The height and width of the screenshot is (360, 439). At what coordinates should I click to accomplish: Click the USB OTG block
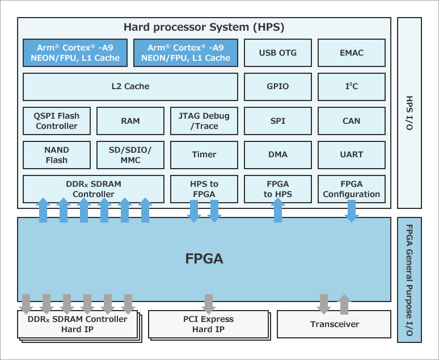(x=278, y=53)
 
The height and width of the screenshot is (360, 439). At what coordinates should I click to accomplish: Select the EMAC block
(x=352, y=53)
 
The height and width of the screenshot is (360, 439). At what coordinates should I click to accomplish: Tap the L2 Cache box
(x=130, y=87)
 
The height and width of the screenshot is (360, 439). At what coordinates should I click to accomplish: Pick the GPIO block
(x=278, y=87)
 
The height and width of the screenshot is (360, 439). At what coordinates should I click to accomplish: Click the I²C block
(x=352, y=87)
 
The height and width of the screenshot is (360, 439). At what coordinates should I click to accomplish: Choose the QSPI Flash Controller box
(x=57, y=121)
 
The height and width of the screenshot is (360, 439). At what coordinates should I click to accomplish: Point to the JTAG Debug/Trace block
(x=204, y=121)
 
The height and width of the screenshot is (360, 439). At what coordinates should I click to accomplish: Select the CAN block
(x=352, y=121)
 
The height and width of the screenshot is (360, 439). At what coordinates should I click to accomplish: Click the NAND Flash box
(x=57, y=155)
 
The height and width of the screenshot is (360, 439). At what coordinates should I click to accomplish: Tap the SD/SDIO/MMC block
(x=130, y=155)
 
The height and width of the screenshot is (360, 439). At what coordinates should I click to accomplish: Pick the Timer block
(x=204, y=155)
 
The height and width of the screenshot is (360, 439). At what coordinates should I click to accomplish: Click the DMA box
(x=278, y=155)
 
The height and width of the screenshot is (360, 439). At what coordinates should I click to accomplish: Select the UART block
(x=352, y=155)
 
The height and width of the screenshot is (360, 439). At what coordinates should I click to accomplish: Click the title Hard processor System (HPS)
(x=204, y=27)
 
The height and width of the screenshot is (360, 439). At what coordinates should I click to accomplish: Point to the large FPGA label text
(x=204, y=259)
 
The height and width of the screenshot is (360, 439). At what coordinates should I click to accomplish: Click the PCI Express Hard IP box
(x=208, y=324)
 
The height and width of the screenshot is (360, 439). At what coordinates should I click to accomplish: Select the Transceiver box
(x=334, y=324)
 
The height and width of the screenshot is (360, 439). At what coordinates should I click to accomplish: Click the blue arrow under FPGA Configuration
(x=352, y=211)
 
